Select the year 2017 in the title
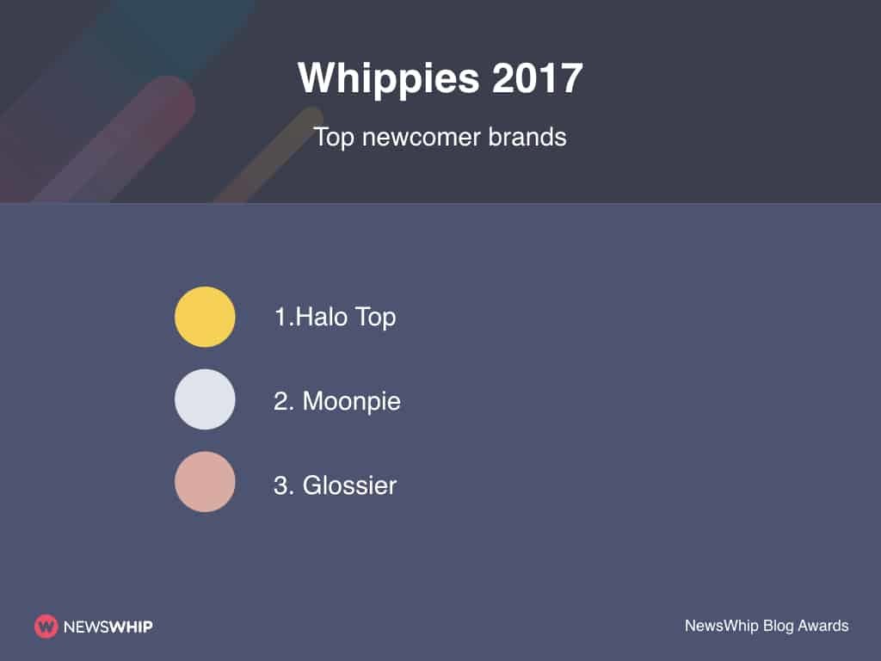click(538, 79)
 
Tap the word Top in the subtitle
click(334, 137)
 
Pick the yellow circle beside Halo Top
click(205, 317)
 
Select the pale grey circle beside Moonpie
click(205, 399)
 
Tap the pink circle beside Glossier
click(205, 482)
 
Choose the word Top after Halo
click(375, 318)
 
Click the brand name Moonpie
click(351, 401)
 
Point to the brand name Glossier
click(349, 485)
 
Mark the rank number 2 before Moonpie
click(280, 401)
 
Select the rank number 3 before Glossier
click(280, 485)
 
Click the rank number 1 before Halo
click(280, 317)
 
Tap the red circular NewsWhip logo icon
click(46, 627)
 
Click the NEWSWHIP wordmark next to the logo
click(108, 627)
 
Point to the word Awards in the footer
click(824, 626)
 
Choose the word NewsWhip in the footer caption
click(721, 626)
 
